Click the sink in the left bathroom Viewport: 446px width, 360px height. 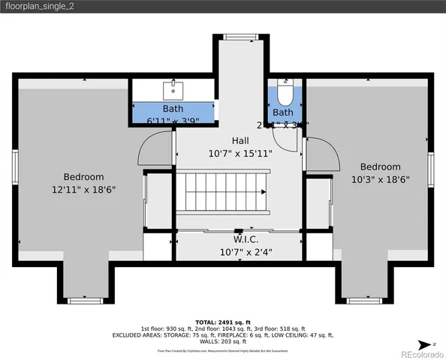[174, 89]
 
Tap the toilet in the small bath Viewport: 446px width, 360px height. [284, 94]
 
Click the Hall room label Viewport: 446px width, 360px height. [240, 140]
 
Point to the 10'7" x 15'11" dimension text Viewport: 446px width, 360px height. [240, 153]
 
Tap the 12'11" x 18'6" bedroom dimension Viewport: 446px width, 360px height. [83, 190]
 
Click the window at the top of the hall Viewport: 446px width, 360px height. [240, 36]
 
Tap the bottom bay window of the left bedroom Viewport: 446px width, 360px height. [85, 301]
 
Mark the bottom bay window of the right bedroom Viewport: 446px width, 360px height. [364, 301]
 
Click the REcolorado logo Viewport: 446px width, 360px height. [420, 352]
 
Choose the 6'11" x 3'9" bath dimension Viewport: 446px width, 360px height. [173, 121]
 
